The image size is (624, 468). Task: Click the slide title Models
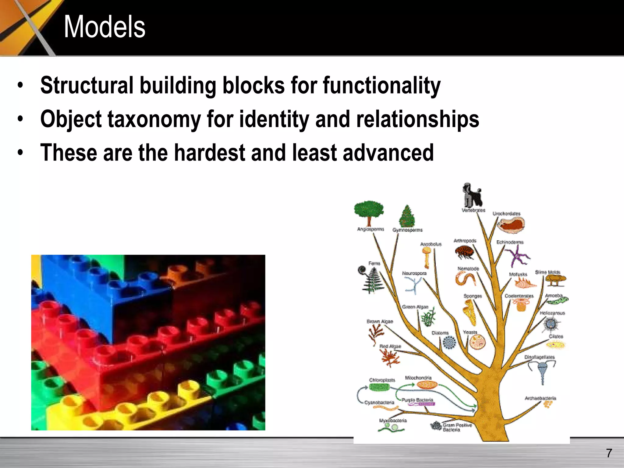click(105, 27)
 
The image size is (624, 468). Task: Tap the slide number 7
click(609, 453)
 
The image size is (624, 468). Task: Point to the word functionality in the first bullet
click(381, 86)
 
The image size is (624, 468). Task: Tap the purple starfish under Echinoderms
click(517, 255)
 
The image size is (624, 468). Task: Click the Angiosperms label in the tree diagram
click(370, 229)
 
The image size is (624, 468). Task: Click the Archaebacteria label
click(540, 398)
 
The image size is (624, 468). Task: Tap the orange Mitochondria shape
click(427, 385)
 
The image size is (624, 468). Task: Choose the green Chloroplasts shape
click(379, 387)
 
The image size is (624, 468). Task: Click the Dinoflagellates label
click(539, 357)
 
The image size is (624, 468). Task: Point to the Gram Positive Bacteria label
click(457, 427)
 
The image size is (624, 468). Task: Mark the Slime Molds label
click(548, 272)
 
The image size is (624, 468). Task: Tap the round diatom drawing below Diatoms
click(449, 342)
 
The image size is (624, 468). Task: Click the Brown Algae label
click(380, 321)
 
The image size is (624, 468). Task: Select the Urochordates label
click(506, 214)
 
